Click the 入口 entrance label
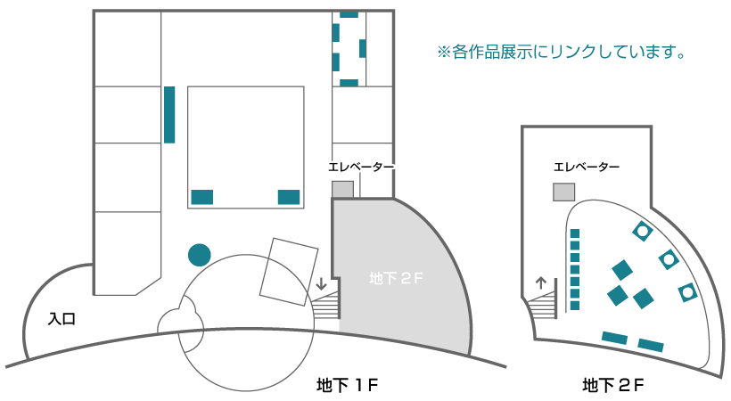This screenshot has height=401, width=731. click(61, 318)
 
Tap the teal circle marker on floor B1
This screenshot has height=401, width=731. click(199, 254)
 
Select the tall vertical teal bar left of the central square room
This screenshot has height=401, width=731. click(168, 114)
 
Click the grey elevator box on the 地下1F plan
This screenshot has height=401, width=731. click(342, 189)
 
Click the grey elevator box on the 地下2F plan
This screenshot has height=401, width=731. click(563, 192)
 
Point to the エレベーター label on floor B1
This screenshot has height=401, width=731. click(361, 167)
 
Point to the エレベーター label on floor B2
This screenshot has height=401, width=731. click(586, 167)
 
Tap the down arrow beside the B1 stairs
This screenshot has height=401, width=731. click(321, 286)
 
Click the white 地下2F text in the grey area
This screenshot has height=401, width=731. click(395, 278)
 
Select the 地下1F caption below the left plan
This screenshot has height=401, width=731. click(348, 385)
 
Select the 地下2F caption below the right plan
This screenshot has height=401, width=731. click(612, 385)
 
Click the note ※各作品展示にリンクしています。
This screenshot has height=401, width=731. click(561, 53)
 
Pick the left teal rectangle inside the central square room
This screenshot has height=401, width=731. click(202, 197)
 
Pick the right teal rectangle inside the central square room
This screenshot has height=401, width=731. click(289, 197)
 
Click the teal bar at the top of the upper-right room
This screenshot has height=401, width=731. click(349, 14)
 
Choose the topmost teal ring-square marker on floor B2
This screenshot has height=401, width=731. click(641, 232)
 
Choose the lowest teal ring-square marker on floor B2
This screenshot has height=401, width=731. click(687, 291)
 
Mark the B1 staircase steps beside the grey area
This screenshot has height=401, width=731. click(327, 306)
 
